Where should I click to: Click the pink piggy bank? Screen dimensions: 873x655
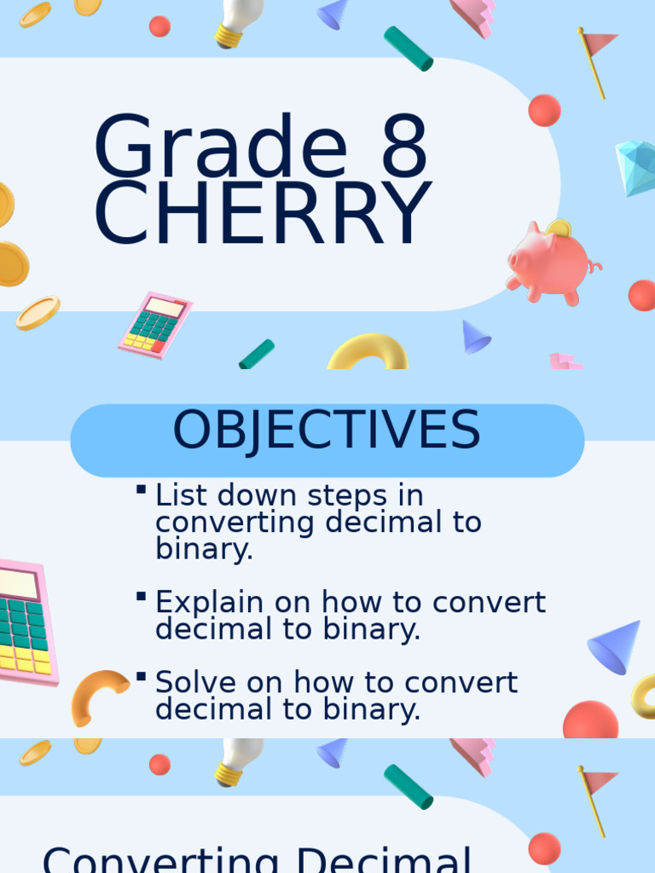548,263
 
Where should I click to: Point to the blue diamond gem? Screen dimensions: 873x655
636,167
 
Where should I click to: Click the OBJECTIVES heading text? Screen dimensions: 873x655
327,431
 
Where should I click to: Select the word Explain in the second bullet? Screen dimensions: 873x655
210,603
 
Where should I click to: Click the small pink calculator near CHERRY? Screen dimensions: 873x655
154,324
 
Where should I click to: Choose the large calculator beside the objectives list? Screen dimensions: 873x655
26,622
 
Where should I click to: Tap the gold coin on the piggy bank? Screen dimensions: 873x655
559,228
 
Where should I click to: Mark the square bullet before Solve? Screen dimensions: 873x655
141,675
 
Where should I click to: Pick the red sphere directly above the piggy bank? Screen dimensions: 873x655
544,110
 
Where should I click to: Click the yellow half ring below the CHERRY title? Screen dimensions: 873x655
368,353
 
